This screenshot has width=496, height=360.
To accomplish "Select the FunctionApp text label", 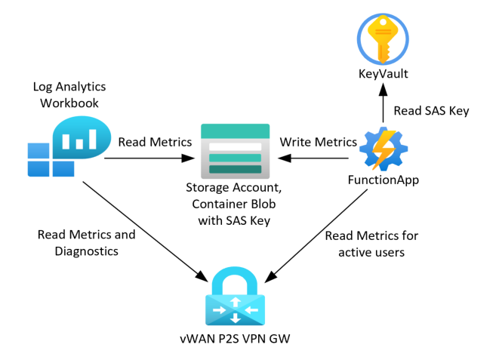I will tap(384, 182).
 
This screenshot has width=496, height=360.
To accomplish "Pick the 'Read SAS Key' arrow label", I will tap(433, 111).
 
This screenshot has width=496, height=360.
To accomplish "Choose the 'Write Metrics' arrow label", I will tap(319, 142).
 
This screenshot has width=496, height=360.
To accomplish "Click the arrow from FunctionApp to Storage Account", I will tap(317, 158).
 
